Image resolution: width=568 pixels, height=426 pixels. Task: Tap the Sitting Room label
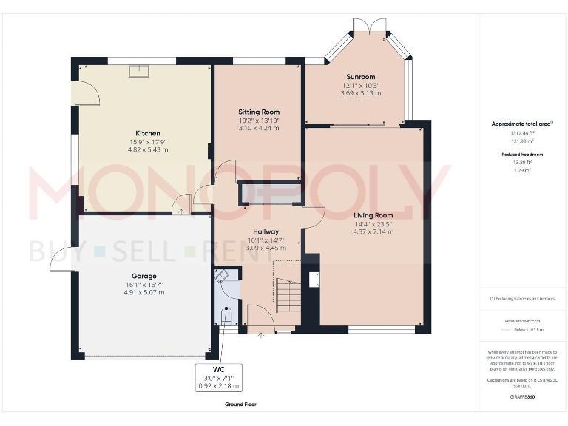259,112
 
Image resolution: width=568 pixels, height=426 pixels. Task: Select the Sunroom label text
361,77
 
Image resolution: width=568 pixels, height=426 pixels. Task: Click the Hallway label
265,231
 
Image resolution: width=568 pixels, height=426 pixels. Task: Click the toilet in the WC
227,317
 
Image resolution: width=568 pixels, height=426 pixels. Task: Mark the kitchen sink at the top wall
139,70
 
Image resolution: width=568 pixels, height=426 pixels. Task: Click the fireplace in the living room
314,280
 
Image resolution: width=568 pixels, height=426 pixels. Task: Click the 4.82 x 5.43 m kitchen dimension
148,149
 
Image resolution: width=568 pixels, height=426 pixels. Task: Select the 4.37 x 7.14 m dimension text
373,231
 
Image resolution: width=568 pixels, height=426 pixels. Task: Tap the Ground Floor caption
240,405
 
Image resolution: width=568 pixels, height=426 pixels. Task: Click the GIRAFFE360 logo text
523,397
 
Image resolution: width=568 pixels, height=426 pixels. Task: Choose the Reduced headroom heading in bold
523,155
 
